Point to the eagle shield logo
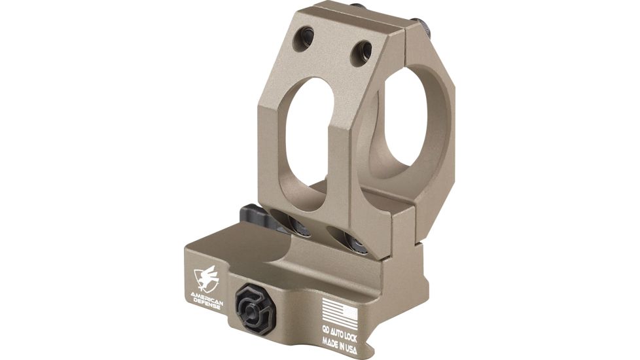[x=205, y=279]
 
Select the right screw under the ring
[x=356, y=244]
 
